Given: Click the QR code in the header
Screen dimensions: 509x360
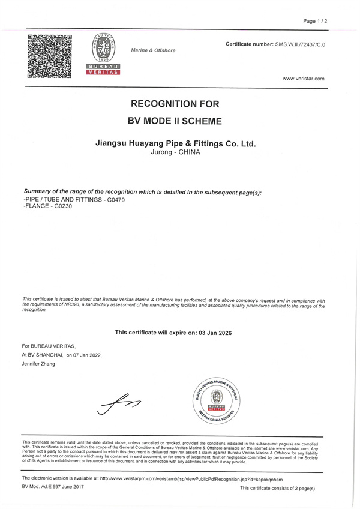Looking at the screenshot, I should pyautogui.click(x=49, y=56).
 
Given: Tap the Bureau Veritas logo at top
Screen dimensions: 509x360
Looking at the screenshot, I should pyautogui.click(x=104, y=54).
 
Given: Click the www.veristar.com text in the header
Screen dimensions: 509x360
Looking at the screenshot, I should pyautogui.click(x=303, y=79).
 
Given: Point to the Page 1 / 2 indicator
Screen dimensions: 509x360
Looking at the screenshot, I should pyautogui.click(x=315, y=21).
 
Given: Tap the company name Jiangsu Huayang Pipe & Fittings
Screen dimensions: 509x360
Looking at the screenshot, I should pyautogui.click(x=176, y=143).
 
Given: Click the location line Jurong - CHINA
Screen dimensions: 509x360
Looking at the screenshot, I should pyautogui.click(x=175, y=152).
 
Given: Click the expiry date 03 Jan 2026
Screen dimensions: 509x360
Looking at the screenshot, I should pyautogui.click(x=212, y=332).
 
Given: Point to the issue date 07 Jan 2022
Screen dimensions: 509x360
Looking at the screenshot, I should pyautogui.click(x=88, y=355).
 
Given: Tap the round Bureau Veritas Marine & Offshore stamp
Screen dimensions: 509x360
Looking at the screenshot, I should pyautogui.click(x=216, y=399).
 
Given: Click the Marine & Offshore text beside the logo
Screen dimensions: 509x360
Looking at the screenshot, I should pyautogui.click(x=153, y=50).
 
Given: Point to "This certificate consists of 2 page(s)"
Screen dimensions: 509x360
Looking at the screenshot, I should pyautogui.click(x=277, y=489).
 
